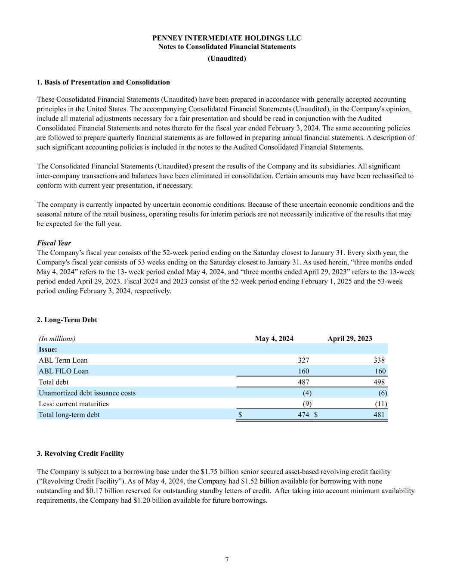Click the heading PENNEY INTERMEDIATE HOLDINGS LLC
pyautogui.click(x=227, y=38)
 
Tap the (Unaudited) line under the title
pyautogui.click(x=227, y=59)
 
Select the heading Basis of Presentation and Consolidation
pyautogui.click(x=103, y=82)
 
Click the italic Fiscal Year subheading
pyautogui.click(x=54, y=243)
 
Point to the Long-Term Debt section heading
pyautogui.click(x=67, y=320)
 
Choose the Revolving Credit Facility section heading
pyautogui.click(x=80, y=453)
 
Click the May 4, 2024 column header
pyautogui.click(x=274, y=339)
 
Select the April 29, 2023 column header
pyautogui.click(x=350, y=339)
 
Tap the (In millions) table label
pyautogui.click(x=57, y=339)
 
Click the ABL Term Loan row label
pyautogui.click(x=63, y=360)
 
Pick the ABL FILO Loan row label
pyautogui.click(x=64, y=371)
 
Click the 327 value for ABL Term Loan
pyautogui.click(x=303, y=360)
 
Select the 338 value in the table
pyautogui.click(x=379, y=360)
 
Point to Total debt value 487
pyautogui.click(x=303, y=382)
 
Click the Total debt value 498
pyautogui.click(x=379, y=382)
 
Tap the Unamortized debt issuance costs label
pyautogui.click(x=87, y=393)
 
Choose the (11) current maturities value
pyautogui.click(x=381, y=404)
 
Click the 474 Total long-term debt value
pyautogui.click(x=303, y=414)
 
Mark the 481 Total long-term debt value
pyautogui.click(x=379, y=414)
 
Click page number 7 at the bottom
pyautogui.click(x=227, y=560)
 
